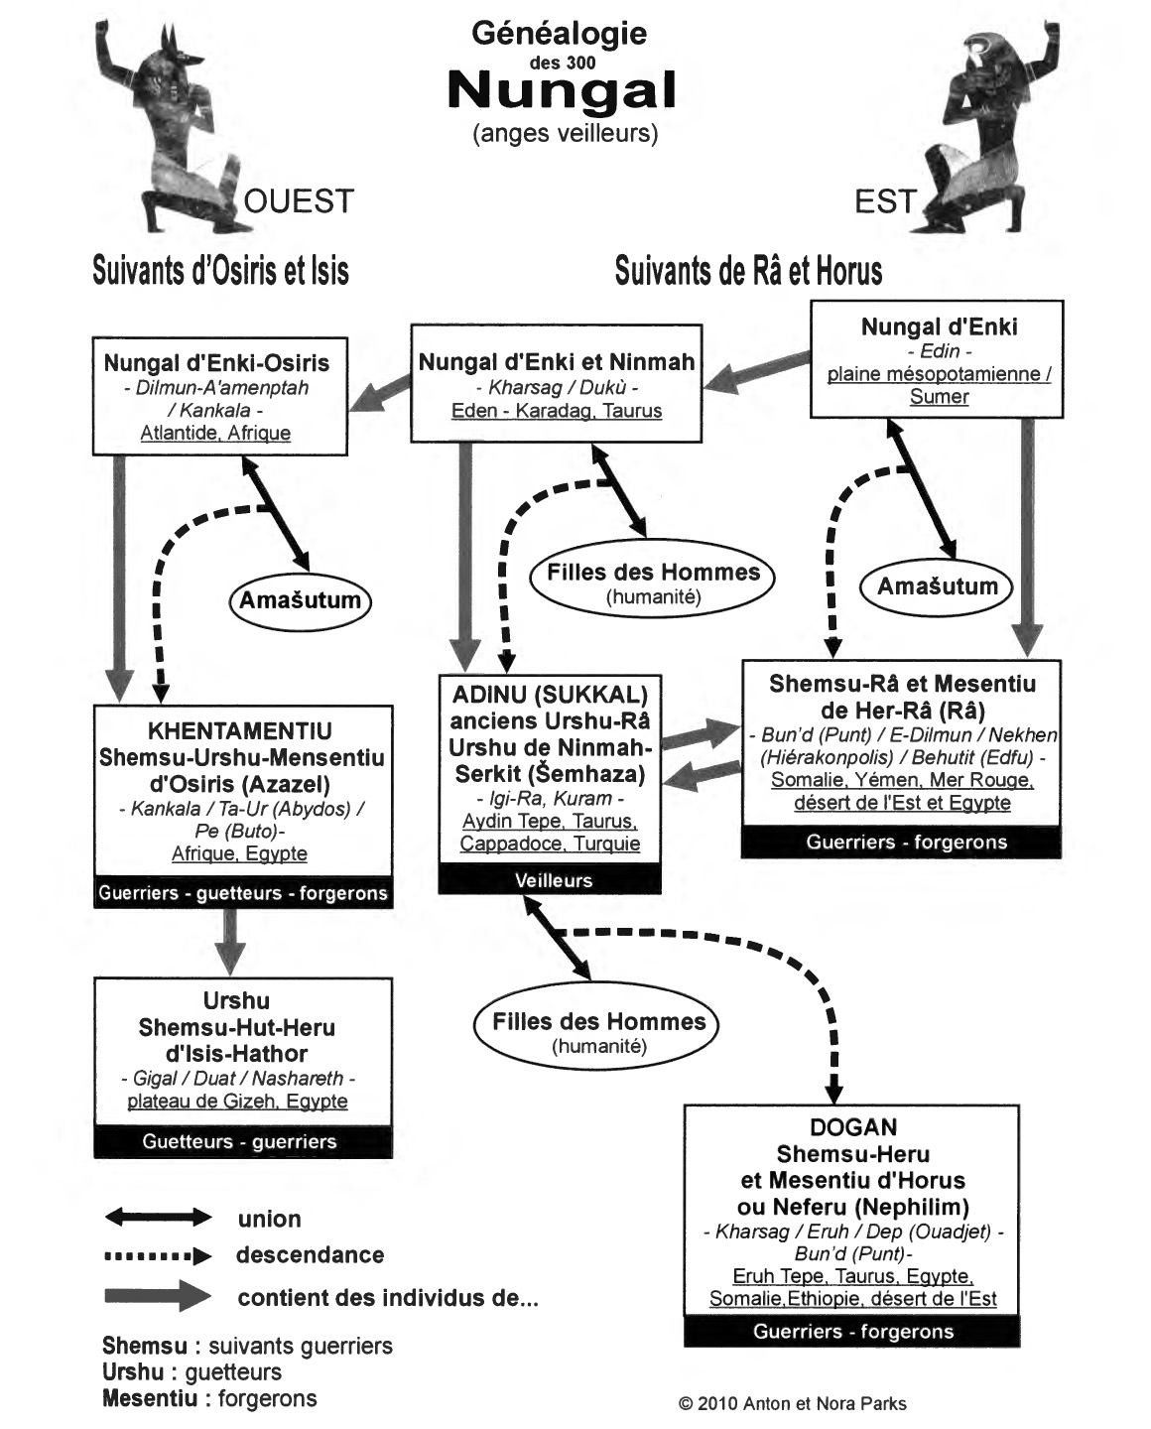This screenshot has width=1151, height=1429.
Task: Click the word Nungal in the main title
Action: pyautogui.click(x=562, y=91)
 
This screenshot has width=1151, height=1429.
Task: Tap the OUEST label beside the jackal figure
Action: pyautogui.click(x=299, y=201)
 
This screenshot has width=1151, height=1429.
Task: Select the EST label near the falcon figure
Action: pyautogui.click(x=885, y=201)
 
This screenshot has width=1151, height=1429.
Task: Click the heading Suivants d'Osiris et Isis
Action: pyautogui.click(x=220, y=270)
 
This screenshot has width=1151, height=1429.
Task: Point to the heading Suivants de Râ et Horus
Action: pyautogui.click(x=748, y=270)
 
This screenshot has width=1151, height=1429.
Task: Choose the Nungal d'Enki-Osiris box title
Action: pyautogui.click(x=216, y=363)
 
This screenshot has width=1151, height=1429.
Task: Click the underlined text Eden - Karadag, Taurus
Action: pyautogui.click(x=557, y=411)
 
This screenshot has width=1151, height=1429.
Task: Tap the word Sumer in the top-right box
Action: pyautogui.click(x=939, y=396)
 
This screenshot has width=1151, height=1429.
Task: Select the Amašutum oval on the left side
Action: pyautogui.click(x=301, y=600)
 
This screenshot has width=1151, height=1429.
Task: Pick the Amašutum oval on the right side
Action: pyautogui.click(x=937, y=586)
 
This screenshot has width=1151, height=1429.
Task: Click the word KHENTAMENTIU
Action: pyautogui.click(x=240, y=731)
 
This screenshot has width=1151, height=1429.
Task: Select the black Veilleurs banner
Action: pyautogui.click(x=550, y=880)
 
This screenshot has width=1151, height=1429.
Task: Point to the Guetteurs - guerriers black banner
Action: pyautogui.click(x=243, y=1141)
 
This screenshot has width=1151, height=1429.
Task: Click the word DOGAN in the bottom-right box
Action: pyautogui.click(x=853, y=1127)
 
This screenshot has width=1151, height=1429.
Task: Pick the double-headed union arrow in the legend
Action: pyautogui.click(x=158, y=1218)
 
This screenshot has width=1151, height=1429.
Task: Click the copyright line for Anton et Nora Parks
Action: pyautogui.click(x=793, y=1403)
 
